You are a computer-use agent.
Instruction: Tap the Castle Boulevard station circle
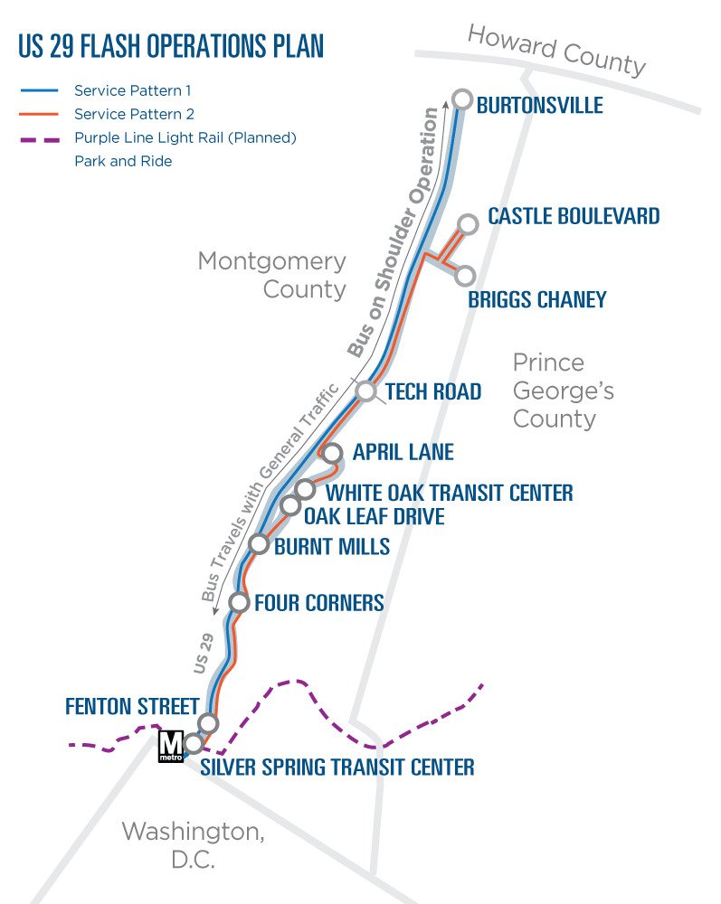468,223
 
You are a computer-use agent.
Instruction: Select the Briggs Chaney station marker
466,275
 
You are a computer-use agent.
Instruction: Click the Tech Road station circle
365,391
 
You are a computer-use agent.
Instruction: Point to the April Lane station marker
333,453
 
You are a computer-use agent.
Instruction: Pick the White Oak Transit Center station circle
306,489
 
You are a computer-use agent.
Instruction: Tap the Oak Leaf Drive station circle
290,505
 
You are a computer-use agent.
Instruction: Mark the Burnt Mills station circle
260,543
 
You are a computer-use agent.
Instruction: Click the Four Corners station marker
240,602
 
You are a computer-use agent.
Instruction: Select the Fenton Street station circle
209,722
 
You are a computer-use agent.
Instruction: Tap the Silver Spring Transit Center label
337,767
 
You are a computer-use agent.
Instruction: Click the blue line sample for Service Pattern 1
38,90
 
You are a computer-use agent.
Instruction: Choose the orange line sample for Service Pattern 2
38,114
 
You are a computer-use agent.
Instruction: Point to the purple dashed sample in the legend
38,138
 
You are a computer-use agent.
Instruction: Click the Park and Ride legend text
123,162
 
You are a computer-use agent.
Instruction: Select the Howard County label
556,51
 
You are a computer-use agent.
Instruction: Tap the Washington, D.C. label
193,844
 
